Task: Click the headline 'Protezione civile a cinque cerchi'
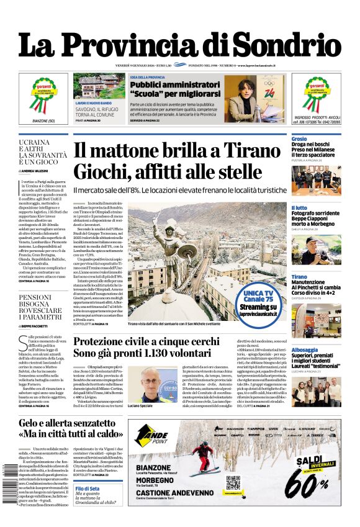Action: [146, 342]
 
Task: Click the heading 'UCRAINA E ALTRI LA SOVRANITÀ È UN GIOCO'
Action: [43, 153]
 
